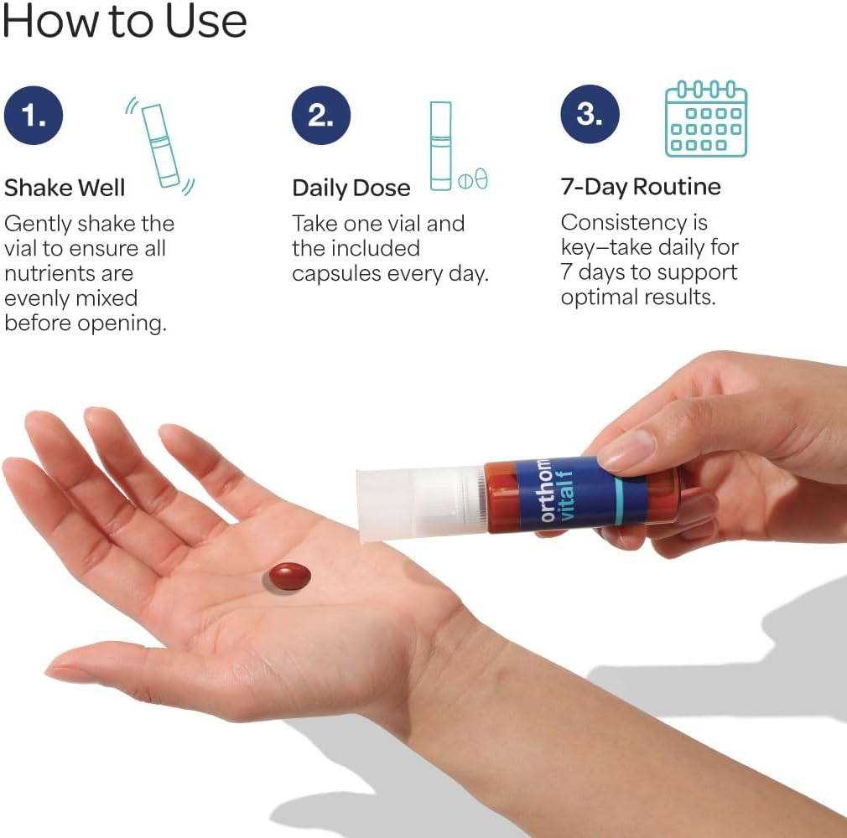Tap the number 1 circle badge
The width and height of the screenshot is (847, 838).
pyautogui.click(x=34, y=115)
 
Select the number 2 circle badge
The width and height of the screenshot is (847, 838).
pyautogui.click(x=321, y=115)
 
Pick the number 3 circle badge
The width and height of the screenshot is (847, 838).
pyautogui.click(x=590, y=114)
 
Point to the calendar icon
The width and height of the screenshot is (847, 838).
pyautogui.click(x=706, y=119)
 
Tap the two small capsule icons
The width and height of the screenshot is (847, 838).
pyautogui.click(x=473, y=179)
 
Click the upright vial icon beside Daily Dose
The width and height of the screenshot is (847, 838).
pyautogui.click(x=441, y=146)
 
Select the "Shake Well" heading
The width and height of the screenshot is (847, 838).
pyautogui.click(x=65, y=188)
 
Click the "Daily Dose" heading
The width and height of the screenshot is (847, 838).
pyautogui.click(x=351, y=188)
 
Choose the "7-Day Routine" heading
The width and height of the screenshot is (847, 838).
pyautogui.click(x=641, y=186)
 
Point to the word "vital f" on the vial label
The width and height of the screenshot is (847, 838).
pyautogui.click(x=565, y=495)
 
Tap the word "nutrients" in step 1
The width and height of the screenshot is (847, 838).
pyautogui.click(x=69, y=273)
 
